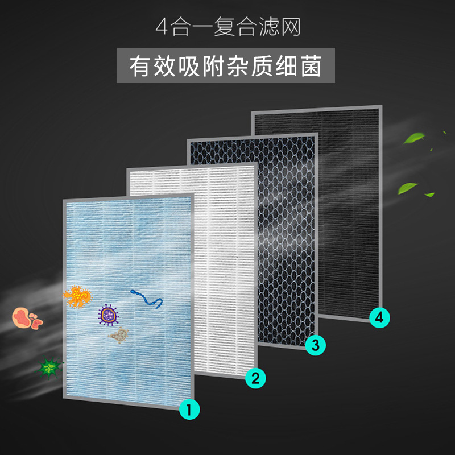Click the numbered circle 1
[190, 409]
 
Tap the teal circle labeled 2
[255, 378]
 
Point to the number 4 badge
[380, 317]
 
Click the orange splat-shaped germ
[77, 296]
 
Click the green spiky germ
[48, 369]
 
